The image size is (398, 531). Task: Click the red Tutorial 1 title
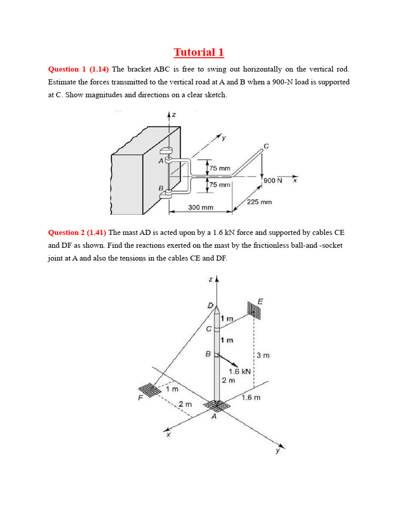(199, 52)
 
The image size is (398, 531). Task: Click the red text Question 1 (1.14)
(78, 69)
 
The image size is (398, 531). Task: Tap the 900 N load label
(273, 180)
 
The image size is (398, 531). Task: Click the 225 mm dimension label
(259, 202)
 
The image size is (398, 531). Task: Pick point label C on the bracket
(266, 146)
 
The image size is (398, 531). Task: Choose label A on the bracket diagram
(161, 161)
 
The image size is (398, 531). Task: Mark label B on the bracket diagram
(161, 188)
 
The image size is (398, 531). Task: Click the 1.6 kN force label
(239, 371)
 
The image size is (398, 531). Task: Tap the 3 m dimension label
(263, 356)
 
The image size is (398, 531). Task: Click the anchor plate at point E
(255, 310)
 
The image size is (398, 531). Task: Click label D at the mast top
(210, 305)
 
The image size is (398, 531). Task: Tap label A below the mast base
(214, 416)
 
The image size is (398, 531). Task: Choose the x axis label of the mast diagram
(168, 435)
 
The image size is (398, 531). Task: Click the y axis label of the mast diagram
(278, 451)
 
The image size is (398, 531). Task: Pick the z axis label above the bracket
(173, 115)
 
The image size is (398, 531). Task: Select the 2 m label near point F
(185, 404)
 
